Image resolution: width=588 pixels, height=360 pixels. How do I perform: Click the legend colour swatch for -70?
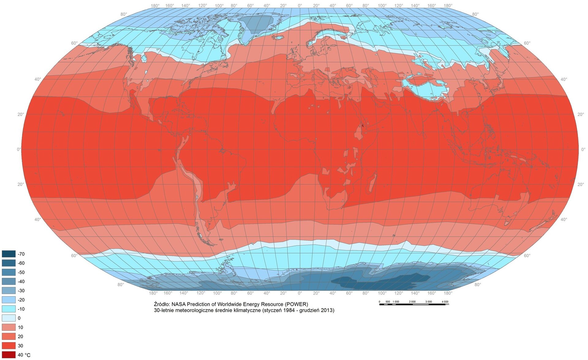point(9,254)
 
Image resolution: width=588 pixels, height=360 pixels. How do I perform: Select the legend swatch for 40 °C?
point(9,355)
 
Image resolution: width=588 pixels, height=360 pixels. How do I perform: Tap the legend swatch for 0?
point(9,318)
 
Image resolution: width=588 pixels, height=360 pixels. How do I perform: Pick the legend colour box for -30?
point(9,291)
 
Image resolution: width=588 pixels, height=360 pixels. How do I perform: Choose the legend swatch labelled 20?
point(9,336)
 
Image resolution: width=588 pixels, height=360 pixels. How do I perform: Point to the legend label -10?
point(21,309)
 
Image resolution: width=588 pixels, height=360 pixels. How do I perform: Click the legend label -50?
point(21,272)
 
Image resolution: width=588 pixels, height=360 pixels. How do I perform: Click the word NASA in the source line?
point(179,304)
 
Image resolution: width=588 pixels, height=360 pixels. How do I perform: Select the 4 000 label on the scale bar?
point(445,302)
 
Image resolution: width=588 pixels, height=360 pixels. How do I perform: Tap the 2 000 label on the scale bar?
point(412,302)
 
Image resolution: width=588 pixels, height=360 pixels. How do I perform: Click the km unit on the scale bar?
point(447,304)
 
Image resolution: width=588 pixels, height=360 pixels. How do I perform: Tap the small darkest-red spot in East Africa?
point(363,125)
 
